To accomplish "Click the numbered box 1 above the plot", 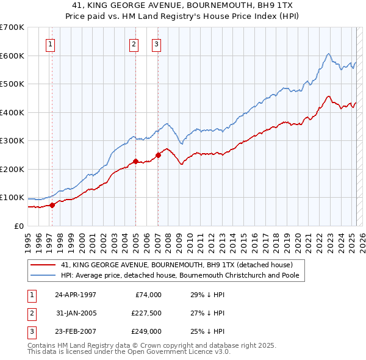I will click(49, 43).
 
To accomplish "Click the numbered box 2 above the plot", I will click(134, 43).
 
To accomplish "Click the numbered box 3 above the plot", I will click(156, 43).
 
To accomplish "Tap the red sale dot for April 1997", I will click(52, 205).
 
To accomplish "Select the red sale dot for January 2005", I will click(135, 162).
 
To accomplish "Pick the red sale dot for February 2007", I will click(158, 155).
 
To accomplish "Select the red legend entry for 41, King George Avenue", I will click(177, 265).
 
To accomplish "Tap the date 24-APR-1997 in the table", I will click(76, 295).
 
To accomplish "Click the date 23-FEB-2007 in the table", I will click(76, 332).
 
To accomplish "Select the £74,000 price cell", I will click(148, 295).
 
